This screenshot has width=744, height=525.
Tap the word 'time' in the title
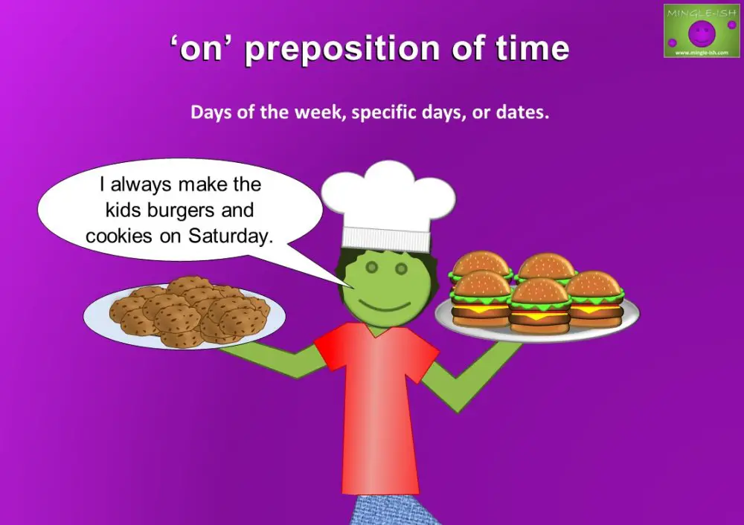pos(530,50)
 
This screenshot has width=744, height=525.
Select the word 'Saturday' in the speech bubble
pos(233,236)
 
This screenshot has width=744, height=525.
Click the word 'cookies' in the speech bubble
pos(116,236)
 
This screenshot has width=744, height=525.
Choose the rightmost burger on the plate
pos(594,298)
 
